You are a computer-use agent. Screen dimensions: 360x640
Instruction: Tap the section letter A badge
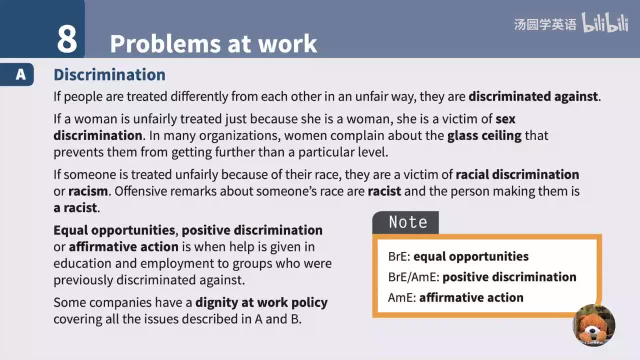[20, 74]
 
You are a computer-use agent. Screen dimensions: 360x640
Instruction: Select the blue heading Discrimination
[109, 74]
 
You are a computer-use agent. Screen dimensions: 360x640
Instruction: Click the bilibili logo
[604, 23]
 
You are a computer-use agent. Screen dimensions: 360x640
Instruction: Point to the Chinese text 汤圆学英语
[545, 24]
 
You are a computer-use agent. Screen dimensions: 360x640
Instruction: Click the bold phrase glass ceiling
[484, 135]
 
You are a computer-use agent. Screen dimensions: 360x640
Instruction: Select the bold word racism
[88, 191]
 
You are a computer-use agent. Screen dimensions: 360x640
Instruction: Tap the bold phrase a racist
[75, 207]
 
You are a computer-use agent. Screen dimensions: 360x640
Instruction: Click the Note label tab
[407, 222]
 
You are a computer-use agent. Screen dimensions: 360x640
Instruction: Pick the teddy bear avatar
[594, 325]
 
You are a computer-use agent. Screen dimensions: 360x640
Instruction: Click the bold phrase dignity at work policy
[261, 302]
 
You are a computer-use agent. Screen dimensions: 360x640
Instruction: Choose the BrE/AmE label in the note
[413, 277]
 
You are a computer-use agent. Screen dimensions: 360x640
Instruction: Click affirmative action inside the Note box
[471, 297]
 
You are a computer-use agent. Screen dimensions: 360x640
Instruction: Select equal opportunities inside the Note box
[470, 256]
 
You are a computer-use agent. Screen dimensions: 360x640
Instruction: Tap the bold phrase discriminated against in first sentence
[533, 96]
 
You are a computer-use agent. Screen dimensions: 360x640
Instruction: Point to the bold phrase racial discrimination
[517, 174]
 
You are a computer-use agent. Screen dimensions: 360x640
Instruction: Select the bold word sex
[505, 119]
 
